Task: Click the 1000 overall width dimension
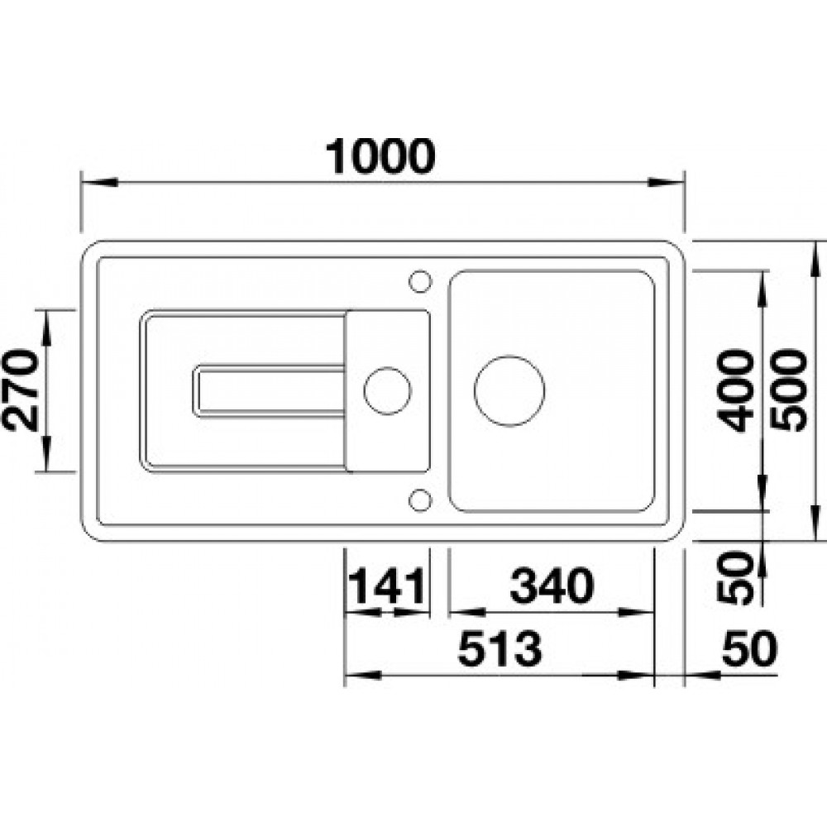click(380, 155)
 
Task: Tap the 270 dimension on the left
click(22, 390)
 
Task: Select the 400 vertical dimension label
click(735, 391)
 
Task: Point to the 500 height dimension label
click(788, 391)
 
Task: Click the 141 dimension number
click(387, 586)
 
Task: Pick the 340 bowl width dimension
click(552, 586)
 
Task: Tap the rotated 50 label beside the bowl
click(735, 577)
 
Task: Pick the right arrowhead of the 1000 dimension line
click(666, 182)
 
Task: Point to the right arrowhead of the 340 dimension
click(636, 612)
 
